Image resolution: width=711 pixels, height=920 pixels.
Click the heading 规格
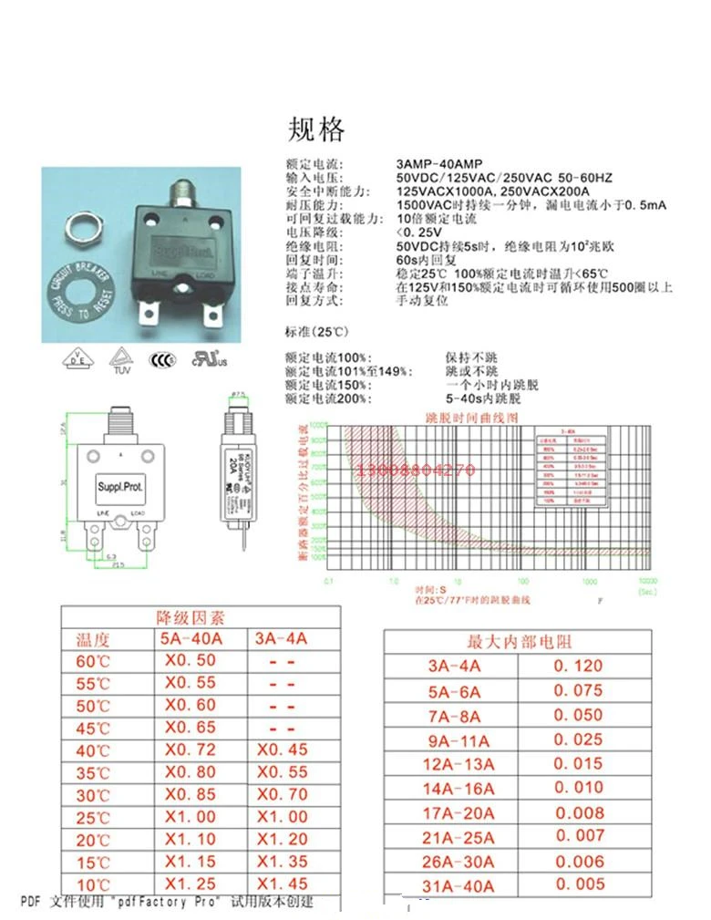click(x=317, y=129)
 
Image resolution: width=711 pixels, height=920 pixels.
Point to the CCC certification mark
click(x=162, y=359)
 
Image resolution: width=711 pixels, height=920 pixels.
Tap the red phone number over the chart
click(x=417, y=471)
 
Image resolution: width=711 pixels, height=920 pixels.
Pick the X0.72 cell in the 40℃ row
click(x=191, y=749)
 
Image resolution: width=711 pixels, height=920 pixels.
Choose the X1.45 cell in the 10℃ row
click(x=283, y=883)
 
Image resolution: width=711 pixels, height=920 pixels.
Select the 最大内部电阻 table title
click(x=520, y=642)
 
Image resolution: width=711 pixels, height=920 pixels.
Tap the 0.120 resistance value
click(x=578, y=667)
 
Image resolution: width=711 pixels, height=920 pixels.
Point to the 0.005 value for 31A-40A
click(x=579, y=884)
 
